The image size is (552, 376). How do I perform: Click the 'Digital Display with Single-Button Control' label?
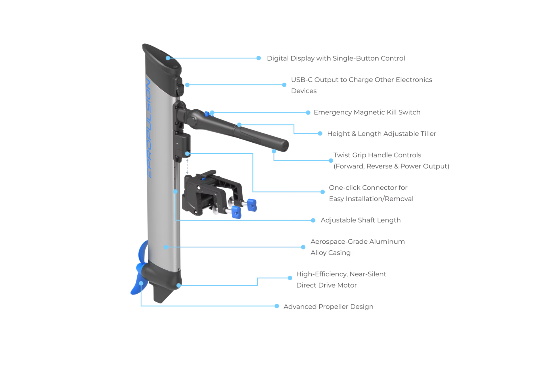336,58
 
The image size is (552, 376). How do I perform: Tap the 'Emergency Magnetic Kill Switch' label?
367,112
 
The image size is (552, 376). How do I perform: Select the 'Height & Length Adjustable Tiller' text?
382,134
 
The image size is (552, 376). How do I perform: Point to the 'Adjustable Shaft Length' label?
360,220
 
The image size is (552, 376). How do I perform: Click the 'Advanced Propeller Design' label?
328,307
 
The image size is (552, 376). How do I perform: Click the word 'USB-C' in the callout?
301,80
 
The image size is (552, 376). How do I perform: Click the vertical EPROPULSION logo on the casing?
149,129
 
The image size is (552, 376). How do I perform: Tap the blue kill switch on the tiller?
206,113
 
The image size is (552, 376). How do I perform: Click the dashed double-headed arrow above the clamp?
187,166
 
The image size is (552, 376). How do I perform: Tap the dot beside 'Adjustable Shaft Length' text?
313,220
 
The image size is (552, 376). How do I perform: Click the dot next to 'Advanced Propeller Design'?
277,306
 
